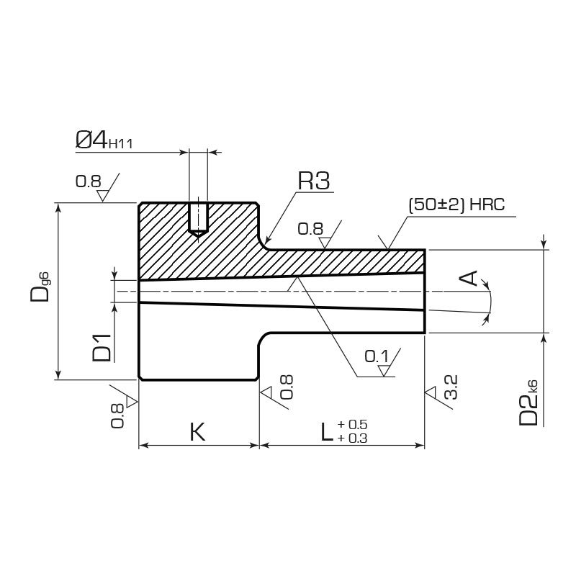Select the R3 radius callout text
[314, 181]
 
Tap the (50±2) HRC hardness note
[456, 204]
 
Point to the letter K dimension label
[197, 432]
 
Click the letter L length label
[326, 432]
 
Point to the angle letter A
[469, 278]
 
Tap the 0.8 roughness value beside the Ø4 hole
[89, 181]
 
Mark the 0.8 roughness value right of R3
[310, 229]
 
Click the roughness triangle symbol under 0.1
[384, 370]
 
